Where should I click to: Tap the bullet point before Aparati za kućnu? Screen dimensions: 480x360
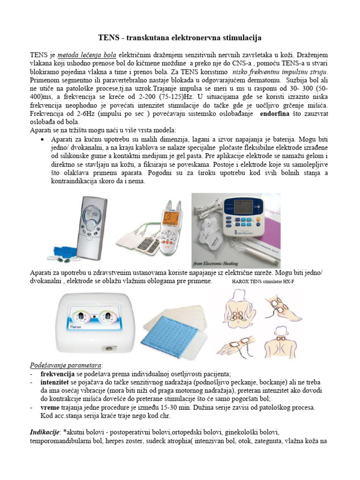[43, 140]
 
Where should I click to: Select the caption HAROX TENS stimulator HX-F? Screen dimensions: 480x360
[264, 283]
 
